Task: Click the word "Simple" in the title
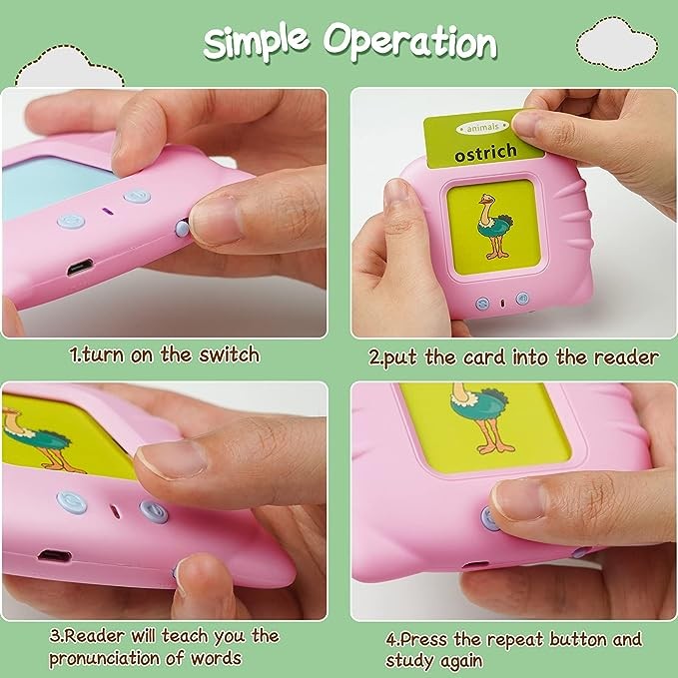tap(256, 41)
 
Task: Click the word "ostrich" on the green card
tap(485, 153)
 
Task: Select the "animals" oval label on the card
tap(482, 128)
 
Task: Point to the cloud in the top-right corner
tap(617, 42)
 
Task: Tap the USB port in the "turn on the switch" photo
tap(80, 267)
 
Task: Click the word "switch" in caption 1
tap(230, 355)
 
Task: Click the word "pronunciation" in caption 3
tap(104, 658)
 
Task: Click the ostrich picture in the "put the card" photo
tap(495, 226)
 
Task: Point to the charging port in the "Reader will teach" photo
tap(54, 555)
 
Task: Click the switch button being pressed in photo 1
tap(182, 228)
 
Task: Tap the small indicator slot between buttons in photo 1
tap(107, 212)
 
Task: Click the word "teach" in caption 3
tap(185, 636)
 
